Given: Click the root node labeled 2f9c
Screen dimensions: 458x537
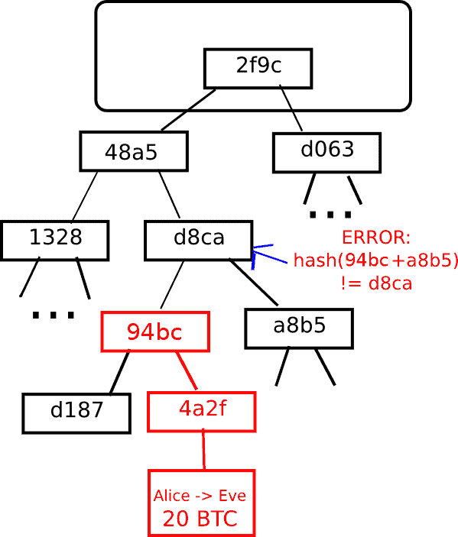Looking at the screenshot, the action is tap(258, 69).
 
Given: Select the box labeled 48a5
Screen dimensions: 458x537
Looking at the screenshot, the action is tap(134, 151).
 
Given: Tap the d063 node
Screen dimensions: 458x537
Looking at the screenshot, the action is tap(326, 153).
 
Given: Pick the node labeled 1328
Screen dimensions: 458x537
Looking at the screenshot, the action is tap(55, 241).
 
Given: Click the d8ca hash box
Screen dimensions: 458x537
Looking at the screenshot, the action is tap(199, 241).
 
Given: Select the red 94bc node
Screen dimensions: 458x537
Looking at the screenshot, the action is tap(155, 332).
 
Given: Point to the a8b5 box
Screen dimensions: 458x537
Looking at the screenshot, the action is tap(299, 328).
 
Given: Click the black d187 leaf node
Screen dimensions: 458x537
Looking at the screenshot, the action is tap(76, 413).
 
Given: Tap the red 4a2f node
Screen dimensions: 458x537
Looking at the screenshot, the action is tap(202, 412).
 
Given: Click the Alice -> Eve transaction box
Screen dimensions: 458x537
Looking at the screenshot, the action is tap(202, 503).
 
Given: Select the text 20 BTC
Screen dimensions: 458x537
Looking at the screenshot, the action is tap(200, 519).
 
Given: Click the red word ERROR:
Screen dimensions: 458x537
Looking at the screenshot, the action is tap(376, 238).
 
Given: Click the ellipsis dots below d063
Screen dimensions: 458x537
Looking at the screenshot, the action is tap(331, 215).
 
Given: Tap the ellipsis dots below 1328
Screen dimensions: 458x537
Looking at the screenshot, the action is tap(53, 315).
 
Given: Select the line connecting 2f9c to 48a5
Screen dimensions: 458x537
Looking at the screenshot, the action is tap(189, 110).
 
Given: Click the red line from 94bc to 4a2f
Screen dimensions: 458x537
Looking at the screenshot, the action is tap(187, 371).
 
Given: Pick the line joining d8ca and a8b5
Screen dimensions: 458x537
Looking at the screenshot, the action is tap(254, 283).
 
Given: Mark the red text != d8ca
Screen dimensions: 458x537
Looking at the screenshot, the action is tap(376, 283).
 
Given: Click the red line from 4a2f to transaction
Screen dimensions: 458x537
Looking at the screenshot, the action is tap(203, 449).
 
